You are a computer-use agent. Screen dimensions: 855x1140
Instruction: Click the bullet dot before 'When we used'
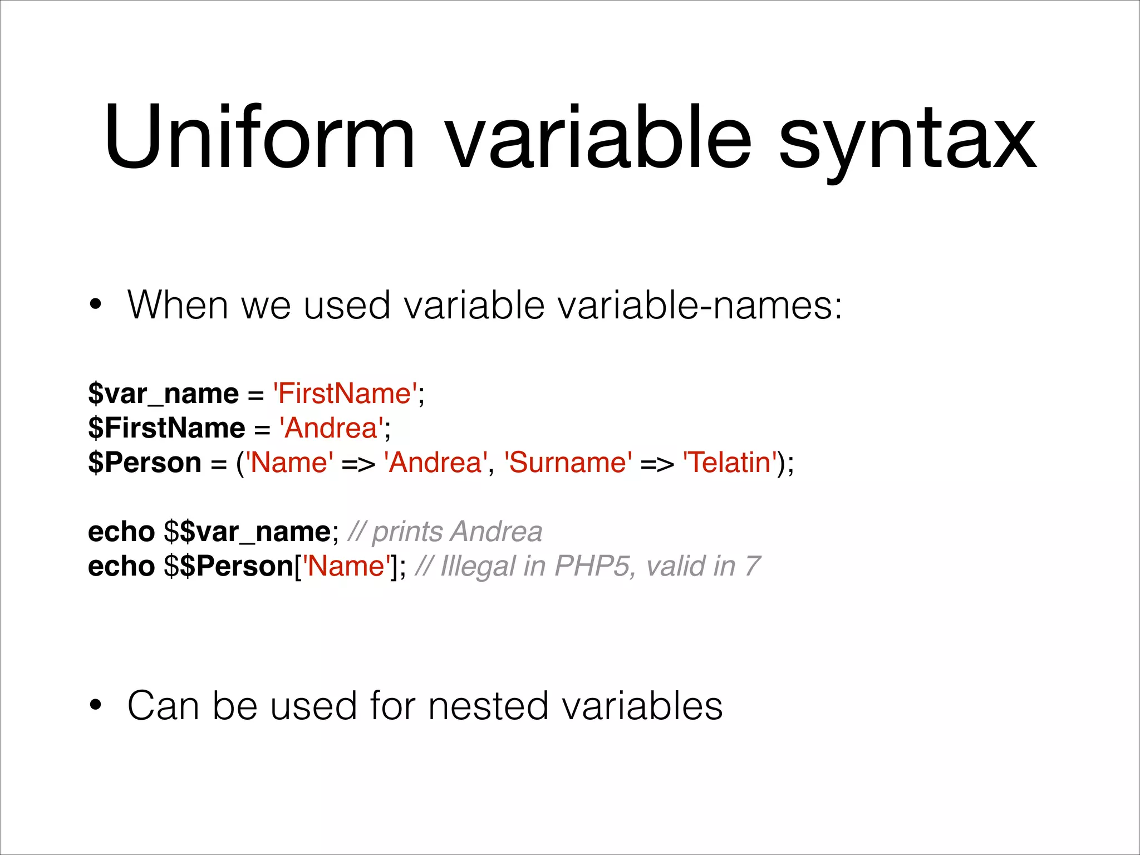[x=96, y=305]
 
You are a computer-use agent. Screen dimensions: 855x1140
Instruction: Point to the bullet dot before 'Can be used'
[x=96, y=705]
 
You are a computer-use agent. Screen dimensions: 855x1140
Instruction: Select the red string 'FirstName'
[x=345, y=394]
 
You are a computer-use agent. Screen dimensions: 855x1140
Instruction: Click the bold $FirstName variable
[x=166, y=428]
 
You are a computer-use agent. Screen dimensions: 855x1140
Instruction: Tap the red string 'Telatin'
[x=730, y=463]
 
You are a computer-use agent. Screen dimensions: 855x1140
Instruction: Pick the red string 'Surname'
[x=568, y=463]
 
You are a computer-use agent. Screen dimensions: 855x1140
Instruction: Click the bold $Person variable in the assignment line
[x=145, y=463]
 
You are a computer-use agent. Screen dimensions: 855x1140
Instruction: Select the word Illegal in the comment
[x=478, y=566]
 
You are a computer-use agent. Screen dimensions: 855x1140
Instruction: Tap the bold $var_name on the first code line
[x=163, y=394]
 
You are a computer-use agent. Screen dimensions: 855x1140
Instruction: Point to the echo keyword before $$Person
[x=121, y=566]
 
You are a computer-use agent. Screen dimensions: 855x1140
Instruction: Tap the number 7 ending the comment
[x=752, y=566]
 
